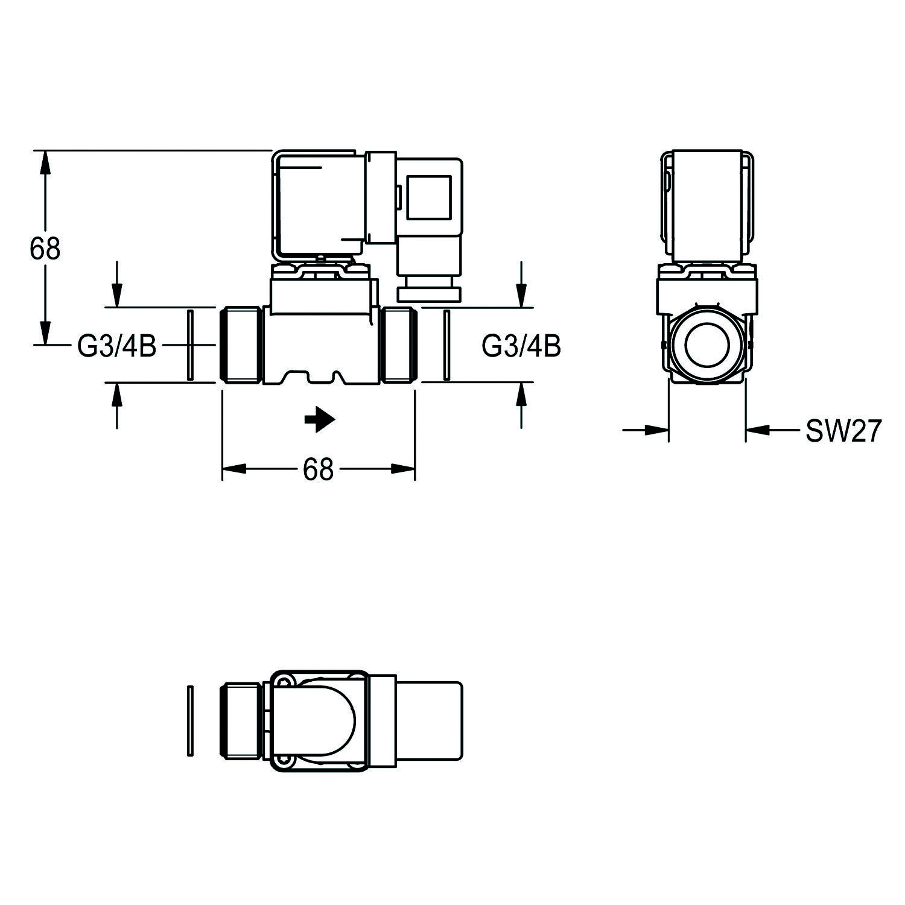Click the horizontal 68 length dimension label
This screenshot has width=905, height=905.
pyautogui.click(x=318, y=469)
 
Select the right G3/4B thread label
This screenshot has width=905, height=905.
pyautogui.click(x=521, y=346)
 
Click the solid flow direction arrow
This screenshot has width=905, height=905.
pyautogui.click(x=320, y=421)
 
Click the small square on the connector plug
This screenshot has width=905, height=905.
pyautogui.click(x=428, y=197)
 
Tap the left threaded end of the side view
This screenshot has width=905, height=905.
pyautogui.click(x=241, y=345)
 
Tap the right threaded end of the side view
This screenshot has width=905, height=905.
pyautogui.click(x=399, y=345)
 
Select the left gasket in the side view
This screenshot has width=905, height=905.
pyautogui.click(x=189, y=345)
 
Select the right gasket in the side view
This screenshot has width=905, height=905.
pyautogui.click(x=446, y=345)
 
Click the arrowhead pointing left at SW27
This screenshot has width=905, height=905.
pyautogui.click(x=758, y=430)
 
